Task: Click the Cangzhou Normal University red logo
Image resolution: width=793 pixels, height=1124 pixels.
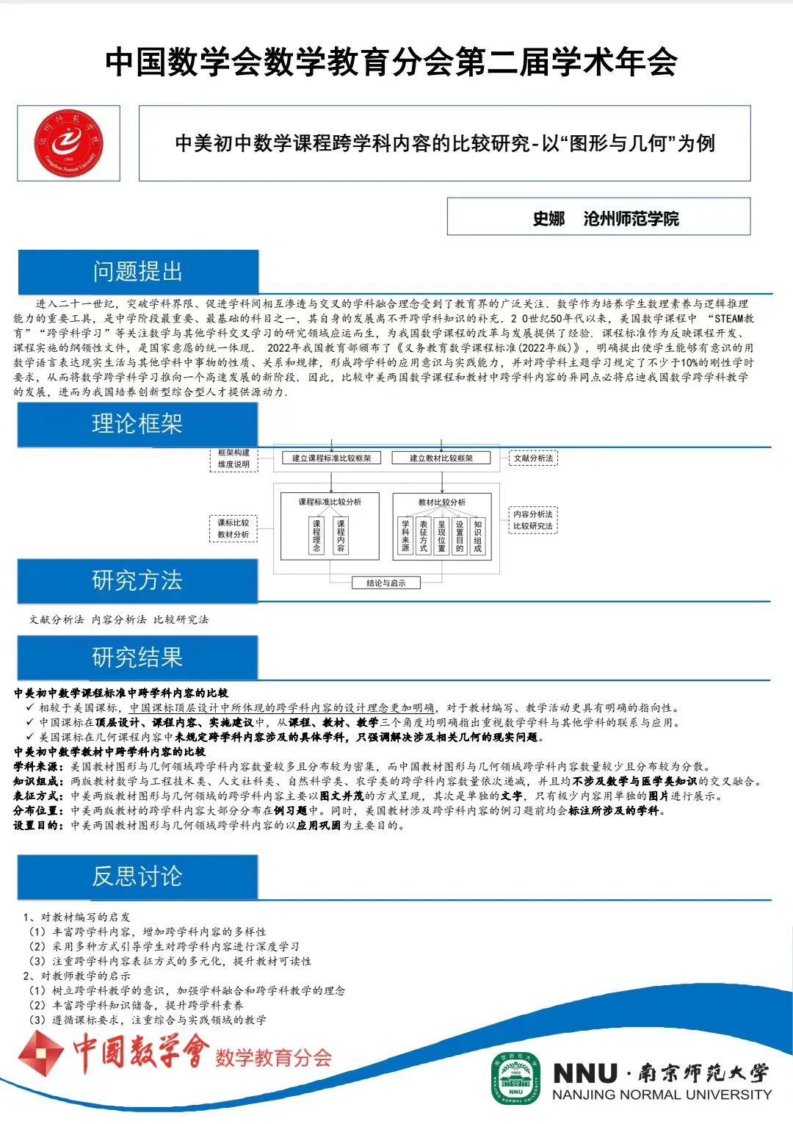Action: coord(68,143)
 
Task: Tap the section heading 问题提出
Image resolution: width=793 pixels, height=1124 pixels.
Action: coord(137,272)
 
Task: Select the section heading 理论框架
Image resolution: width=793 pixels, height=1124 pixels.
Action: coord(137,424)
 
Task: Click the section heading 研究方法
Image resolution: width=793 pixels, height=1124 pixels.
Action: coord(137,580)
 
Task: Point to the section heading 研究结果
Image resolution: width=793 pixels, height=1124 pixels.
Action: coord(137,658)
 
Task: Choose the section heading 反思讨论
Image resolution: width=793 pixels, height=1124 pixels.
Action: coord(137,876)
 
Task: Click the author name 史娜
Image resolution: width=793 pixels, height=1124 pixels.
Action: coord(548,218)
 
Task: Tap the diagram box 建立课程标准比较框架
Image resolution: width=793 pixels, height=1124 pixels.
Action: coord(332,458)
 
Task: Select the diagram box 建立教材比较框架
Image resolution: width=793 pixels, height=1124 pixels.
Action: coord(441,458)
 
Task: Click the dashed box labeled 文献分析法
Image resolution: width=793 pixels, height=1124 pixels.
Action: coord(534,458)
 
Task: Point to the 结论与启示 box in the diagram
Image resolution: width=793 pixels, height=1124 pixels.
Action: coord(386,583)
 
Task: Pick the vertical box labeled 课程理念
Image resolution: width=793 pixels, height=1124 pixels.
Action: coord(316,536)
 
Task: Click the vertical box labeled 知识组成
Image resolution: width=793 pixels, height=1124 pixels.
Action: coord(478,536)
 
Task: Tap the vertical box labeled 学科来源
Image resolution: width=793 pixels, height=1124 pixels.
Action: coord(405,536)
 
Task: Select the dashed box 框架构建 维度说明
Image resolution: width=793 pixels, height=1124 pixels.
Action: coord(233,459)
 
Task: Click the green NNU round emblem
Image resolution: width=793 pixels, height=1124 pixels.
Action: coord(515,1078)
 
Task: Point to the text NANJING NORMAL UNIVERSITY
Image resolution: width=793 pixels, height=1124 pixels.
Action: coord(662,1095)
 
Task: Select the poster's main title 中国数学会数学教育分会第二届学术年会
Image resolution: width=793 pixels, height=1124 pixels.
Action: coord(391,62)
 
